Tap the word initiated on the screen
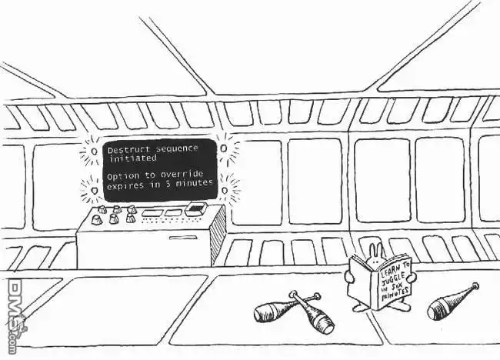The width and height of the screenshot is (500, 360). (x=133, y=158)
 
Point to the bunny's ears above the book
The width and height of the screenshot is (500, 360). (x=375, y=248)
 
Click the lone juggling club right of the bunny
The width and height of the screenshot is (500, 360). (x=453, y=302)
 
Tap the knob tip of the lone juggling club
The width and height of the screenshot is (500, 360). (x=475, y=285)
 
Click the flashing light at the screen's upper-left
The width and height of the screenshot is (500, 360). (x=95, y=151)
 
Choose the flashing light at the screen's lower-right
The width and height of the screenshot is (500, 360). (x=225, y=191)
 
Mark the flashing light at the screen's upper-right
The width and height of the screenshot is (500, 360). (x=224, y=148)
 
